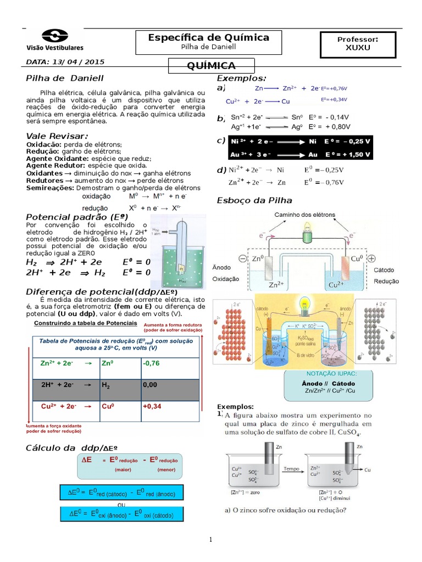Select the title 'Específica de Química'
coord(209,37)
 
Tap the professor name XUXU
coord(358,47)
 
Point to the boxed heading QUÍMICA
coord(212,66)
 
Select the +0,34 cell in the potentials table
coord(152,407)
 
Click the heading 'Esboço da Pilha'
coord(254,200)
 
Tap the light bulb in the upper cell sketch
coord(307,234)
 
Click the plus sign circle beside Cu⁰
coord(371,258)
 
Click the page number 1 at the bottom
coord(211,540)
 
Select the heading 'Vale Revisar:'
coord(57,136)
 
